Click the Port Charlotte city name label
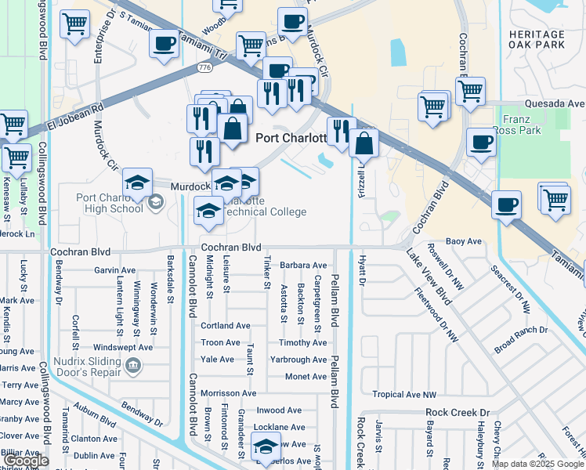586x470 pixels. [x=291, y=138]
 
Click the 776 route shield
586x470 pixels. [x=205, y=68]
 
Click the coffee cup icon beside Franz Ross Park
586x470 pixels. [x=481, y=143]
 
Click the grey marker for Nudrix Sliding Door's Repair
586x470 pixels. [x=132, y=365]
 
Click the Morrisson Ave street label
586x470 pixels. [x=228, y=393]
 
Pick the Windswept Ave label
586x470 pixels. [x=122, y=346]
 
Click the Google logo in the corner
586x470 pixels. [x=27, y=461]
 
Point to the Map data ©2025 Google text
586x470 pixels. [x=537, y=464]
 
